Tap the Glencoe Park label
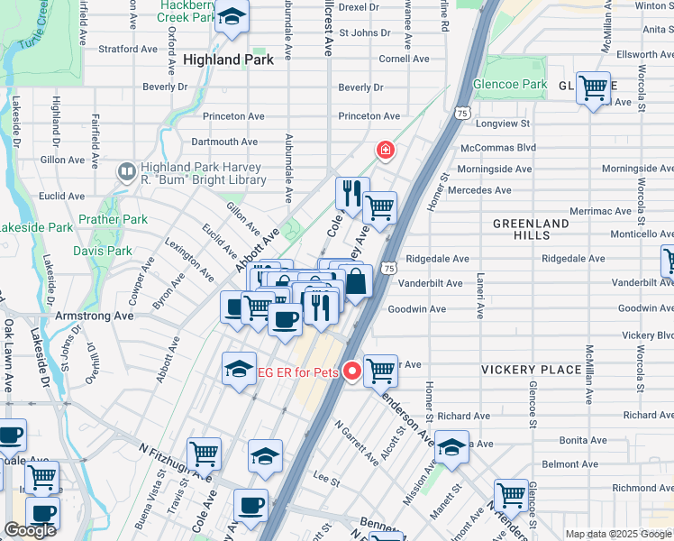point(510,85)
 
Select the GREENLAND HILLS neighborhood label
point(531,229)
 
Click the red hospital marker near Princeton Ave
point(385,149)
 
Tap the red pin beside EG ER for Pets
point(352,370)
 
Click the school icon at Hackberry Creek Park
point(232,17)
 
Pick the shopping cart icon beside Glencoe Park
point(593,88)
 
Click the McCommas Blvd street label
point(497,147)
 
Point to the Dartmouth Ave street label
point(224,142)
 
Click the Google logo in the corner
point(30,530)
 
